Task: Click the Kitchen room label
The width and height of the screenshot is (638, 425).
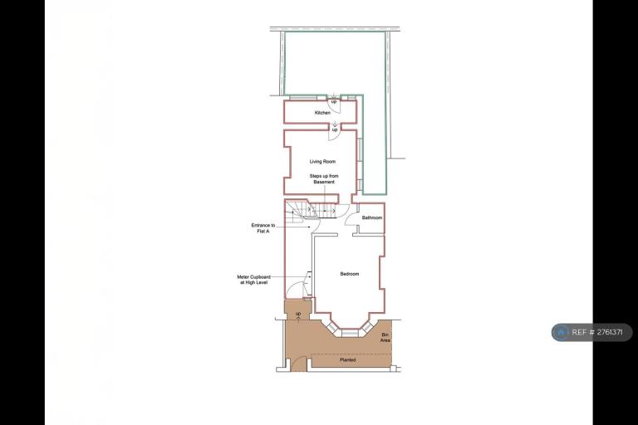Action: pyautogui.click(x=322, y=113)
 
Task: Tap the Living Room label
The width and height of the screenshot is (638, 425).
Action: pyautogui.click(x=322, y=162)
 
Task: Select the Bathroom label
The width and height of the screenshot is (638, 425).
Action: pyautogui.click(x=372, y=217)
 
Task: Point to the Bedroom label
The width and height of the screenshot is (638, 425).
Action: pyautogui.click(x=350, y=274)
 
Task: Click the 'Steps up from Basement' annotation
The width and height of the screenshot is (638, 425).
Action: pyautogui.click(x=324, y=179)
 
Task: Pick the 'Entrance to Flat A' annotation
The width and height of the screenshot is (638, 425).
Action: pyautogui.click(x=263, y=228)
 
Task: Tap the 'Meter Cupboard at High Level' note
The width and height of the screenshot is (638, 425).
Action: pyautogui.click(x=254, y=280)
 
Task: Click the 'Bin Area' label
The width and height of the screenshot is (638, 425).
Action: pyautogui.click(x=385, y=337)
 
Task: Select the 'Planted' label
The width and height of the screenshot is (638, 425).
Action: pyautogui.click(x=347, y=360)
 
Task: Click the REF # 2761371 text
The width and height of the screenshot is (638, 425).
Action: pyautogui.click(x=597, y=332)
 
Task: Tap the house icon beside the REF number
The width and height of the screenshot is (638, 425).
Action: pyautogui.click(x=561, y=332)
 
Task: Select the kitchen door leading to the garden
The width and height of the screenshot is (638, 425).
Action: pyautogui.click(x=335, y=106)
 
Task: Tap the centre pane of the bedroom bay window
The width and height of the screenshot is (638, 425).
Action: pyautogui.click(x=349, y=333)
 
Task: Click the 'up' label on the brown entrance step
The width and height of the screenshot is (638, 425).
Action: pyautogui.click(x=298, y=314)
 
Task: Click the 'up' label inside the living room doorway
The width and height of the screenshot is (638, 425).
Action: pyautogui.click(x=335, y=129)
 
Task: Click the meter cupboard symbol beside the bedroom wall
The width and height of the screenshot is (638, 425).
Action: pyautogui.click(x=310, y=283)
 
